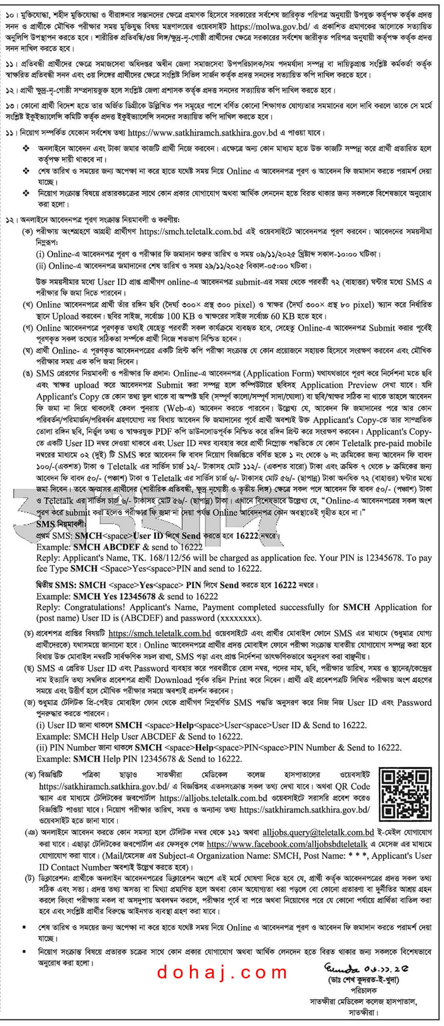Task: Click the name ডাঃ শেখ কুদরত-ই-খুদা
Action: pyautogui.click(x=363, y=980)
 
